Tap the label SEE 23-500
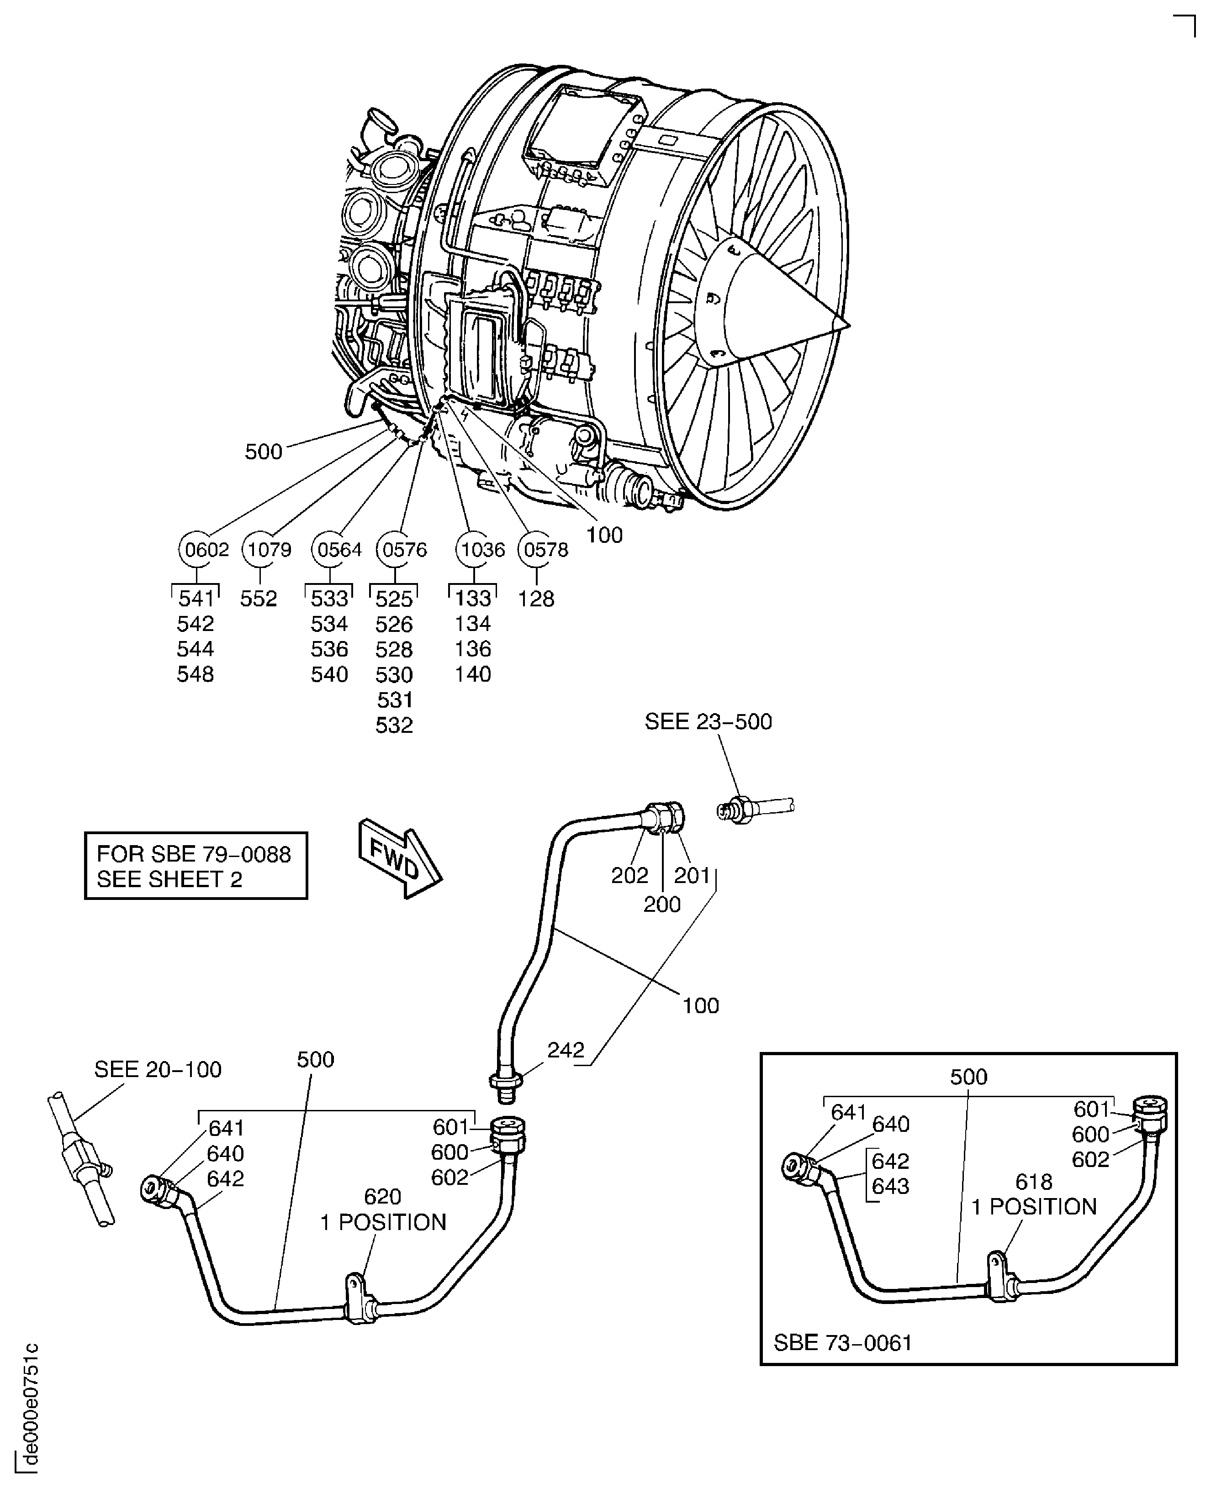(708, 722)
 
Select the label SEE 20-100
(158, 1070)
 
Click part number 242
(565, 1050)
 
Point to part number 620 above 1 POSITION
(382, 1197)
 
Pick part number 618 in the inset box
(1033, 1182)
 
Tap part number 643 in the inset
(890, 1186)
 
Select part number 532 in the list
(394, 725)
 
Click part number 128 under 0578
(536, 599)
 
